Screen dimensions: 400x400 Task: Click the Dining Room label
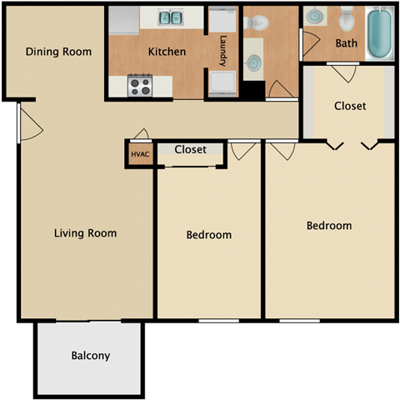[x=58, y=52]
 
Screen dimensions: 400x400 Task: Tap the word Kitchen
[x=167, y=52]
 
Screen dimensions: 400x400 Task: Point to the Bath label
[x=347, y=43]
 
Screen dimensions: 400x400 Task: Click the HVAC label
[x=138, y=154]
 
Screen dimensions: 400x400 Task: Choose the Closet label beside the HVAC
[x=191, y=150]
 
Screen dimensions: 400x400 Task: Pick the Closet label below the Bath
[x=350, y=106]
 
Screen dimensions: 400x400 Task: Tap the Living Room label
[x=86, y=233]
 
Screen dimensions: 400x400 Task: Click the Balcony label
[x=90, y=356]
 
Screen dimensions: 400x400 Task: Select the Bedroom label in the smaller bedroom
[x=208, y=235]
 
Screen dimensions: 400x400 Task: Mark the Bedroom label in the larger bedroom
[x=329, y=226]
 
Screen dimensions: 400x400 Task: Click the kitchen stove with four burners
[x=139, y=85]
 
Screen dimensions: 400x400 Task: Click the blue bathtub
[x=380, y=33]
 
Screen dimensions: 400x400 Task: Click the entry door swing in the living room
[x=28, y=123]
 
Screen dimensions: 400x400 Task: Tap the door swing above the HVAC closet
[x=142, y=134]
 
